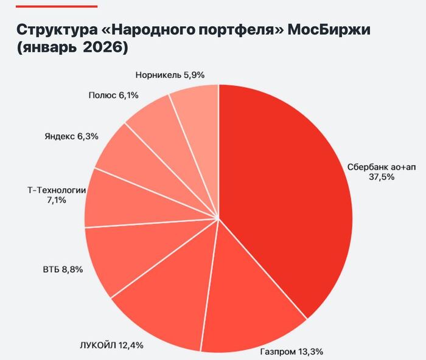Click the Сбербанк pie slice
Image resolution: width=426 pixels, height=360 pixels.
(x=286, y=195)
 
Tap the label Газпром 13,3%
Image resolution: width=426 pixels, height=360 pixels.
(x=291, y=351)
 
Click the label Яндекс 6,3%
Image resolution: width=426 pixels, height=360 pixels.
(x=71, y=136)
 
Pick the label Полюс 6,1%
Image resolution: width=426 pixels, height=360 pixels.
(x=114, y=95)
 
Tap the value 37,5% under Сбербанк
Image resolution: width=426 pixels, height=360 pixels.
(x=382, y=177)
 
